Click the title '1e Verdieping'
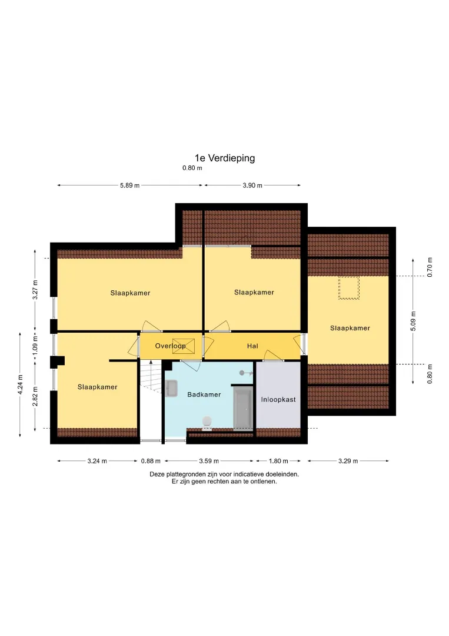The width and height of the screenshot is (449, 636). tap(225, 158)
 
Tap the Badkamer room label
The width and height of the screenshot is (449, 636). tap(204, 394)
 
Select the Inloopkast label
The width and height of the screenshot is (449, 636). tap(278, 399)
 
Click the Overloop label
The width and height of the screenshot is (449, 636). tap(170, 346)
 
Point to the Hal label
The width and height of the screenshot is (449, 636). tap(252, 346)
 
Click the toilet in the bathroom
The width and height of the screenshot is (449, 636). tap(207, 422)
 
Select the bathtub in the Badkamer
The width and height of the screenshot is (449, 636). tap(243, 408)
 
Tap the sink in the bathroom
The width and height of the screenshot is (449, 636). tap(171, 387)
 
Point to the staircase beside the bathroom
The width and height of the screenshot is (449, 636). tap(151, 399)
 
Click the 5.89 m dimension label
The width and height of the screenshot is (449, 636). tap(129, 185)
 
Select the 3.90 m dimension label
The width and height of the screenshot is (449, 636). tap(252, 185)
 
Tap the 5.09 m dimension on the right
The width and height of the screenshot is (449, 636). tap(413, 321)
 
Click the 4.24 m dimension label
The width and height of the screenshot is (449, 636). tap(20, 384)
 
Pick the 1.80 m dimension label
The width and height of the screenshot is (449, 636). tap(278, 461)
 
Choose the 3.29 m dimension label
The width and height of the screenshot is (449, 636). tap(348, 461)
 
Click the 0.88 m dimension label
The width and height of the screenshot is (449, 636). tap(151, 461)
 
